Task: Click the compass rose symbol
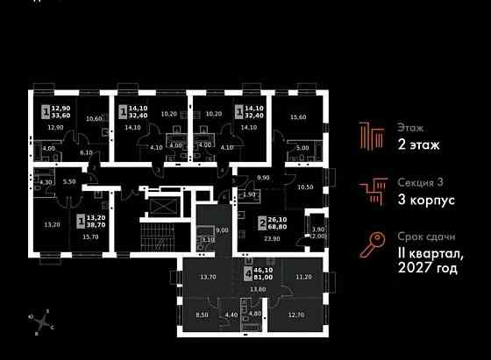click(x=40, y=321)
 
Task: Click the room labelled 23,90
click(x=272, y=238)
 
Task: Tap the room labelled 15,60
click(x=298, y=117)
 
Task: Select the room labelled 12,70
click(x=295, y=314)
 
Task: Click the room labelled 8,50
click(x=202, y=314)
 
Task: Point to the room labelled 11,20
click(x=302, y=277)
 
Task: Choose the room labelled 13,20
click(x=52, y=223)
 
